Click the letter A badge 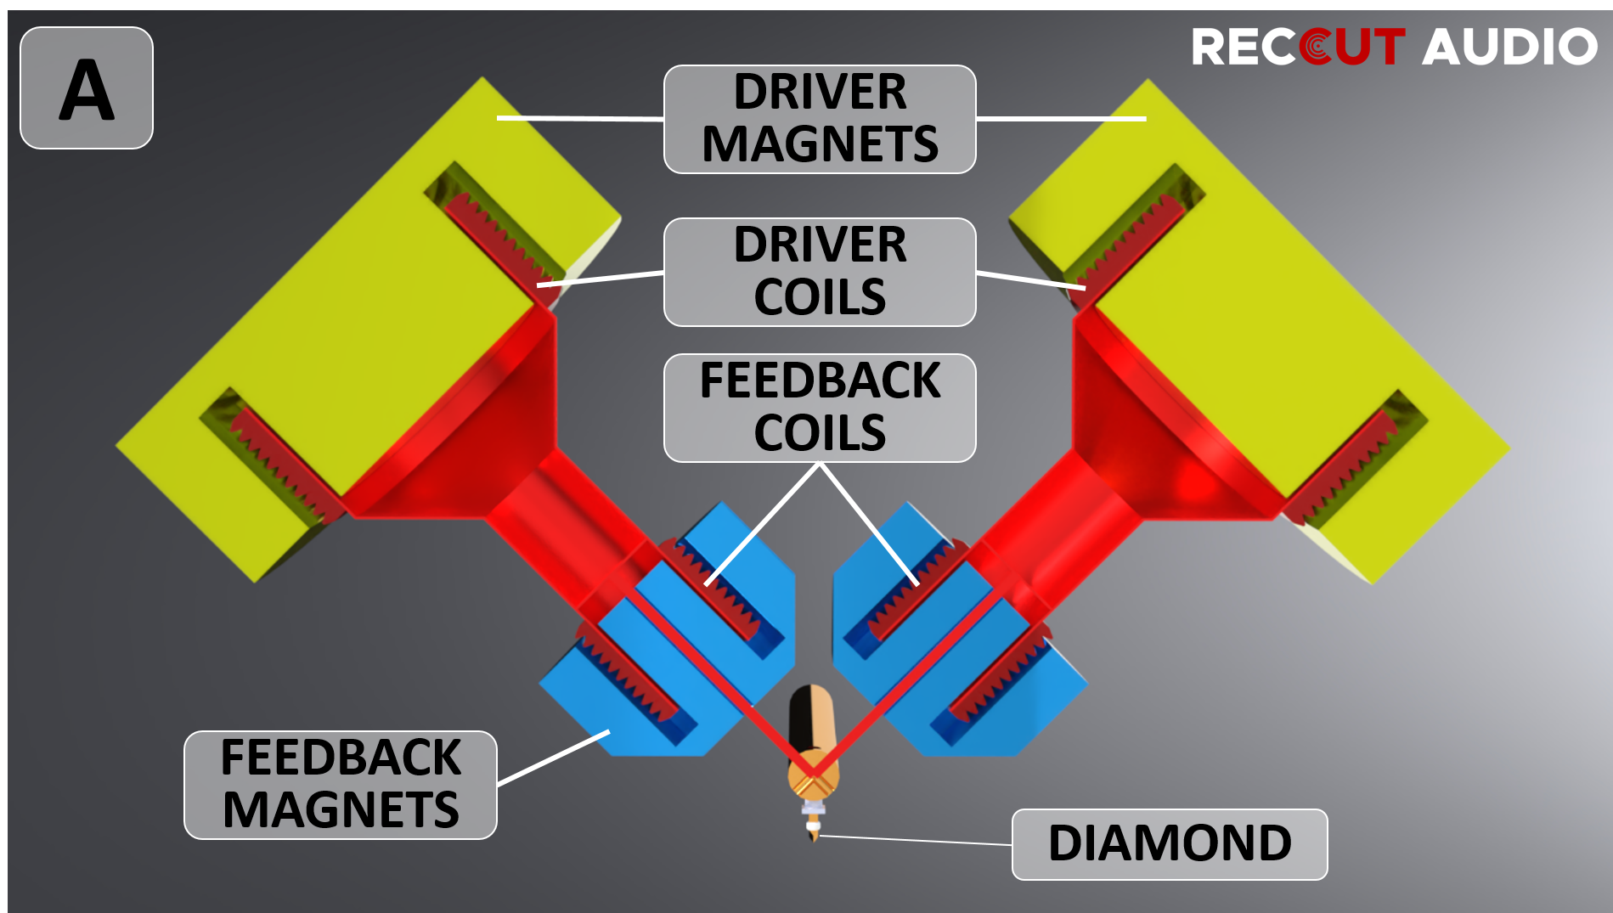pos(87,88)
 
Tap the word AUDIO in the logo pos(1509,47)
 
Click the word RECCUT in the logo pos(1299,47)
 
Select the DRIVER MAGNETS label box pos(820,119)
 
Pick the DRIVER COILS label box pos(820,272)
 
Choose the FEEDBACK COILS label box pos(820,408)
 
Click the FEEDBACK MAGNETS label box pos(341,785)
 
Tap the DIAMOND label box pos(1170,844)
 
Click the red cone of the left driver pos(476,425)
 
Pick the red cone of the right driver pos(1155,425)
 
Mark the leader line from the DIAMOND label pos(916,841)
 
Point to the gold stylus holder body pos(814,747)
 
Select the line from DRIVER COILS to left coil pos(601,279)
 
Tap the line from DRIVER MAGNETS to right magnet pos(1062,119)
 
